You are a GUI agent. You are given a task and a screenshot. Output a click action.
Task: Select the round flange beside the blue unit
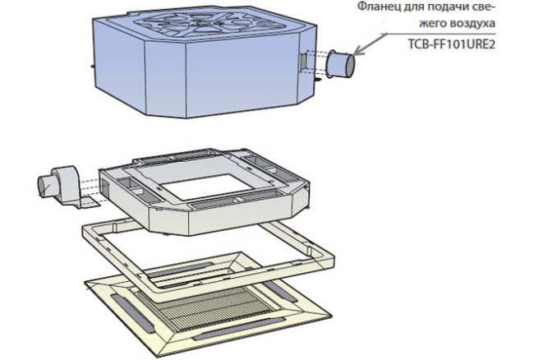point(338,64)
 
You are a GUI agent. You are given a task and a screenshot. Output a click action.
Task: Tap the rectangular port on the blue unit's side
point(303,61)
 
